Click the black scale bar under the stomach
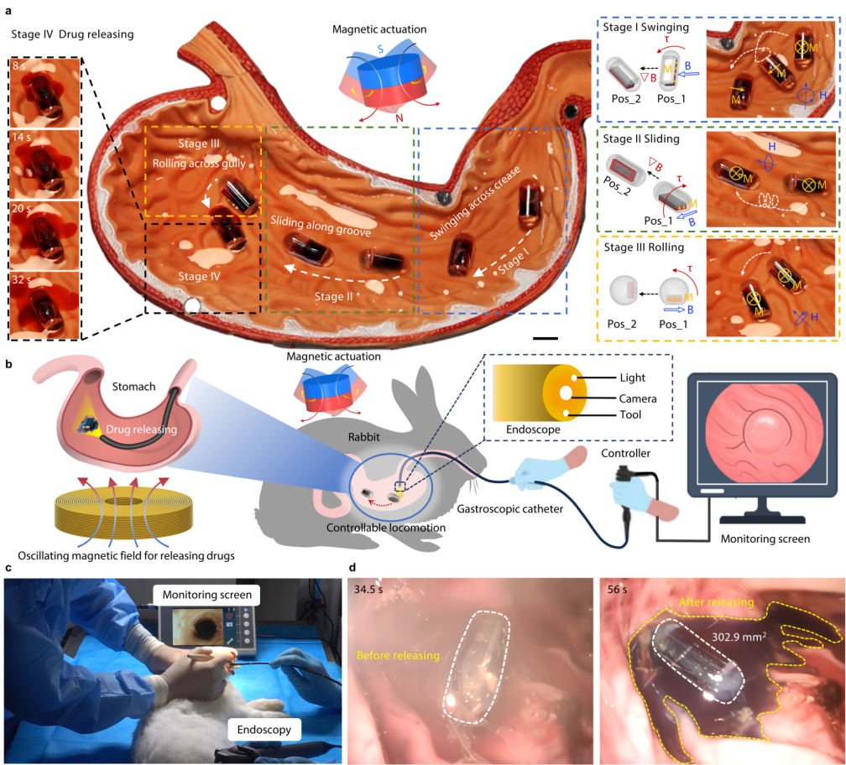[x=546, y=338]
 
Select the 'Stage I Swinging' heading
[x=645, y=28]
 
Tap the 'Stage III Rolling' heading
[x=645, y=248]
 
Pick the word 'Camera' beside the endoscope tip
[x=636, y=398]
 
